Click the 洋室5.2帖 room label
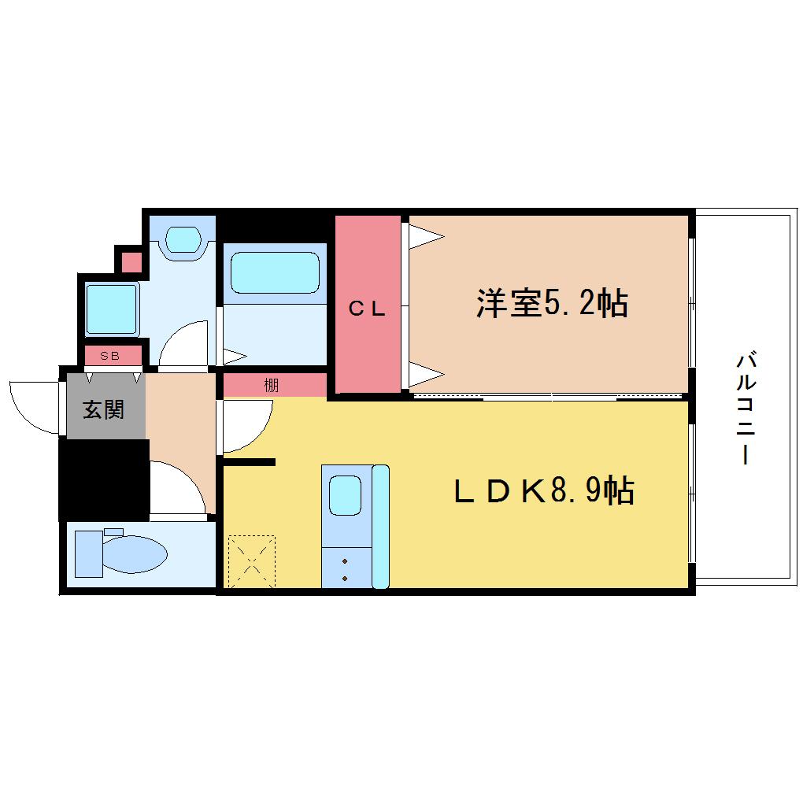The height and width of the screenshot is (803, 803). (552, 303)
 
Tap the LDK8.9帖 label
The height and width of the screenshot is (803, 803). (544, 490)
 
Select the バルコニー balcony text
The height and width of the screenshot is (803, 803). (746, 408)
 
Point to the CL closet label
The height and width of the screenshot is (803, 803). (367, 309)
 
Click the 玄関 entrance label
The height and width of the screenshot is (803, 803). (103, 409)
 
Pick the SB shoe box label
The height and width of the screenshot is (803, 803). (110, 355)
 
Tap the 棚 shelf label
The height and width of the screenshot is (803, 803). (272, 385)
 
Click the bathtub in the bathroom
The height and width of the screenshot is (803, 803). (275, 272)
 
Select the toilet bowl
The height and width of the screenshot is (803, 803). (136, 554)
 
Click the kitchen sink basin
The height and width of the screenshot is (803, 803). (345, 495)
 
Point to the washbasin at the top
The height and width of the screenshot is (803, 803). (183, 239)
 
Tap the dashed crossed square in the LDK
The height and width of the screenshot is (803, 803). (251, 562)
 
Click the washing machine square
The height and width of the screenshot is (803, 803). (112, 309)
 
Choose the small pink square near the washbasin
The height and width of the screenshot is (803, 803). (131, 263)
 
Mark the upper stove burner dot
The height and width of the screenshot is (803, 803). (345, 561)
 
